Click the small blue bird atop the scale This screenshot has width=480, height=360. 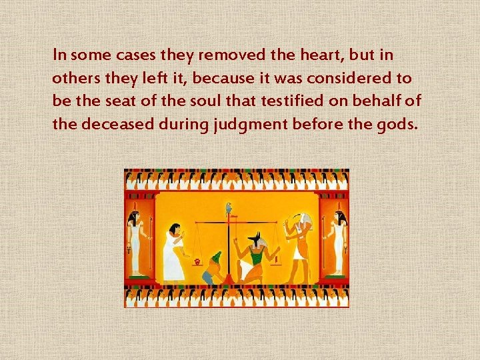coord(229,207)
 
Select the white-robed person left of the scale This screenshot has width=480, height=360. coord(173,253)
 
